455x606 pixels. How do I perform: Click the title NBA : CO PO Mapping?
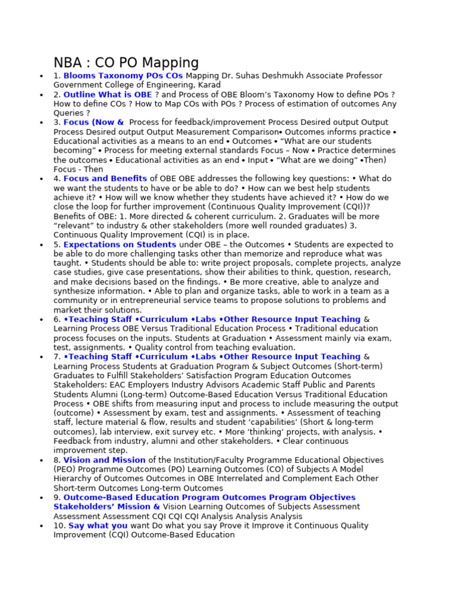pyautogui.click(x=126, y=63)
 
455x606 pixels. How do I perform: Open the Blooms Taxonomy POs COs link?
pyautogui.click(x=123, y=76)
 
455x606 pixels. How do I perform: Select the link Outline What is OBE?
pyautogui.click(x=107, y=95)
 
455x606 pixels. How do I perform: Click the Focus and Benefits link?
pyautogui.click(x=105, y=179)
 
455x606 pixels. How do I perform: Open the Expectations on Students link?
pyautogui.click(x=120, y=244)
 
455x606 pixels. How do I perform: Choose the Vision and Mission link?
pyautogui.click(x=104, y=460)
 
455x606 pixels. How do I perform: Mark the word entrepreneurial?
pyautogui.click(x=137, y=301)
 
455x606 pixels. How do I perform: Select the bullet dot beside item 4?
pyautogui.click(x=41, y=179)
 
